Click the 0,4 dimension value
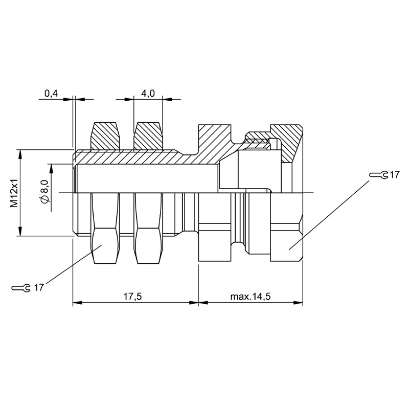click(51, 94)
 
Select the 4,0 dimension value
click(148, 94)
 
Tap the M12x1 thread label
click(14, 193)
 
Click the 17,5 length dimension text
click(132, 297)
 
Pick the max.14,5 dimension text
click(251, 297)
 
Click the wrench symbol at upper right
click(379, 175)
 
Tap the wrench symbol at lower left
click(21, 288)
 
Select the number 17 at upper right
click(394, 175)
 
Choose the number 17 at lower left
click(39, 288)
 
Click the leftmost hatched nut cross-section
click(105, 136)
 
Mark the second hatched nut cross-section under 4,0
click(149, 136)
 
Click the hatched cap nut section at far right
click(287, 142)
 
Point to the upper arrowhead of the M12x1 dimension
click(20, 154)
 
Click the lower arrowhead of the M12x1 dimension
click(20, 232)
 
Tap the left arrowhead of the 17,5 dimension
click(77, 303)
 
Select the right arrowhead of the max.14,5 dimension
click(298, 303)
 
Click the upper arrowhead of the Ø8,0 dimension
click(51, 169)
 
